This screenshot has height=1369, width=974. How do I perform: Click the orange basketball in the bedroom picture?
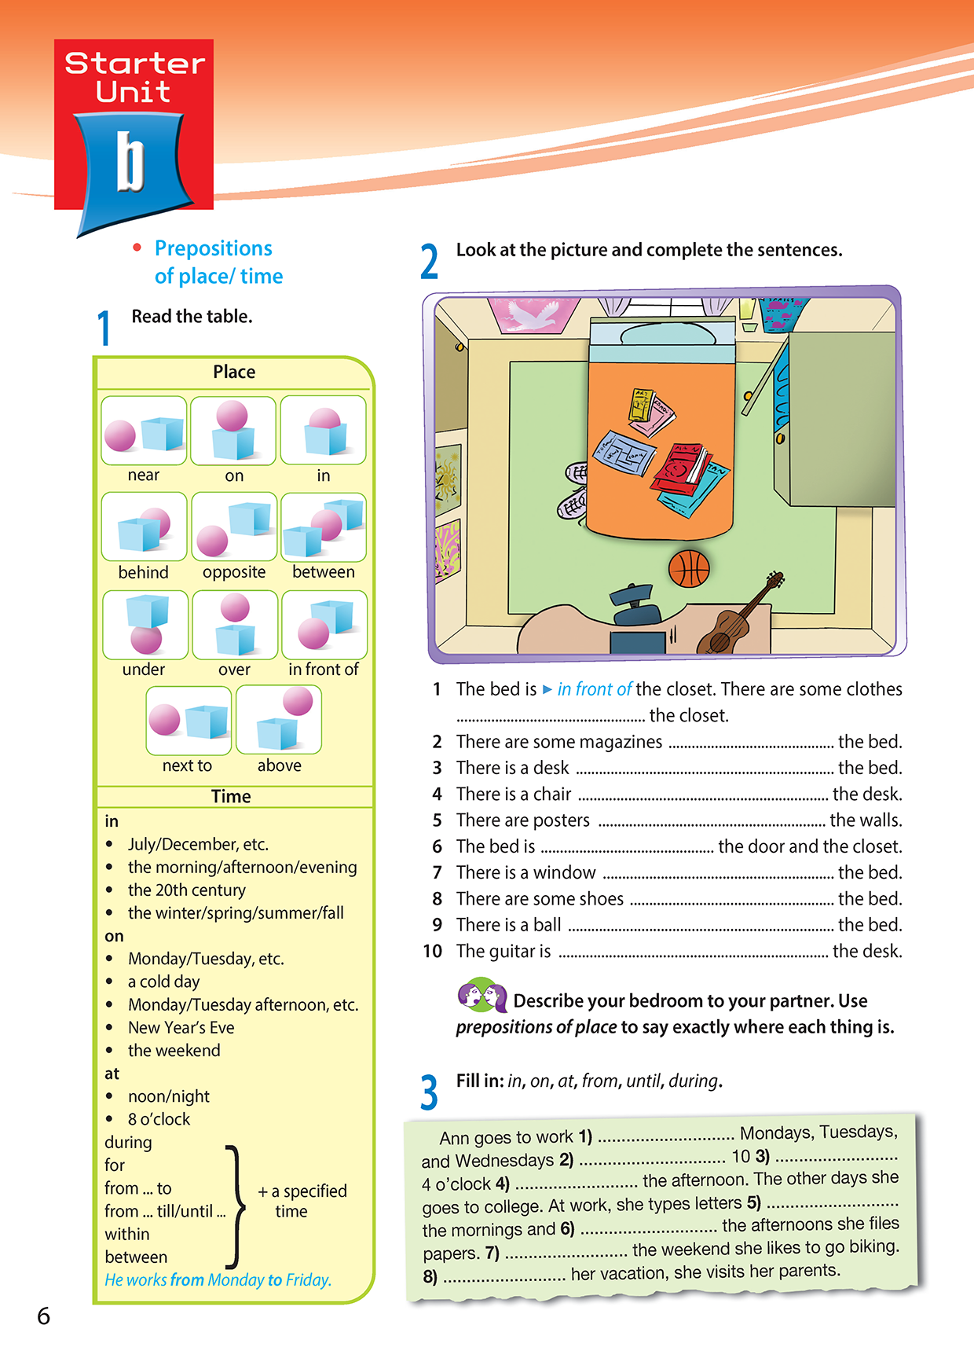coord(689,568)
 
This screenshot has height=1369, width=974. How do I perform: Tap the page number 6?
coord(44,1316)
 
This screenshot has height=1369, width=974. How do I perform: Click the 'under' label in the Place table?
coord(144,670)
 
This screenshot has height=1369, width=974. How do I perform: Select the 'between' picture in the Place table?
coord(324,527)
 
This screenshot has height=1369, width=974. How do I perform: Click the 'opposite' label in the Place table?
coord(234,572)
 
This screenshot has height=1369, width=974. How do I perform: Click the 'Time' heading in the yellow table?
coord(231,796)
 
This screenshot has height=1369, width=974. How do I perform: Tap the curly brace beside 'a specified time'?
coord(234,1206)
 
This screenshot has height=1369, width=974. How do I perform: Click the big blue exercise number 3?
coord(429,1092)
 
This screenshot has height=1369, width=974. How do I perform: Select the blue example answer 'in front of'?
coord(594,689)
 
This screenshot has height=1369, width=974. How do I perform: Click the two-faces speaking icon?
coord(482,996)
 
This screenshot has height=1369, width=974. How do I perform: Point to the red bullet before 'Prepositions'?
coord(137,248)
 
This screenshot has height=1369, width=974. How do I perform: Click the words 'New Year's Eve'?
coord(181,1027)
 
